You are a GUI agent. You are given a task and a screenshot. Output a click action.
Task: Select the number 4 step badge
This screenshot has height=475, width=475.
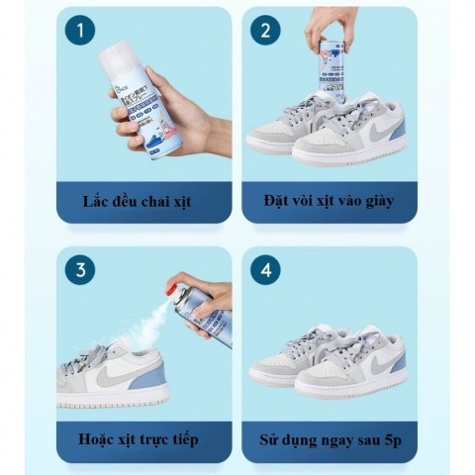pos(264,270)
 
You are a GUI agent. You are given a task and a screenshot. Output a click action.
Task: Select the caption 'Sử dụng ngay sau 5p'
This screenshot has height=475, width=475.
pos(328,440)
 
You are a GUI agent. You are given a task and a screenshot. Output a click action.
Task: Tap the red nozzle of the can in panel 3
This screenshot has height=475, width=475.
pos(175,291)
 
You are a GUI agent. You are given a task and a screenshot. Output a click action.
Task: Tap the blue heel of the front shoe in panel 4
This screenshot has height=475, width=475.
pos(398,361)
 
